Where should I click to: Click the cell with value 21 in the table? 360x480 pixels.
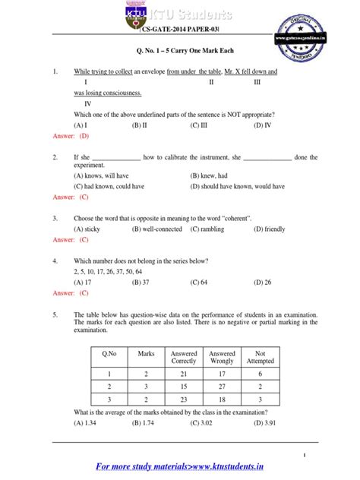coord(183,374)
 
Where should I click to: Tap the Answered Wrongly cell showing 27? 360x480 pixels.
coord(221,386)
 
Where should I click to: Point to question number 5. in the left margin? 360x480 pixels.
coord(55,314)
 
